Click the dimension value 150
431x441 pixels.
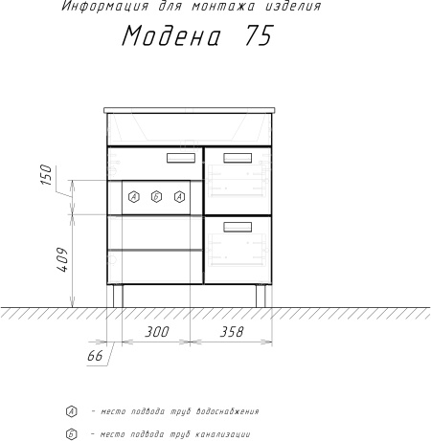pyautogui.click(x=46, y=174)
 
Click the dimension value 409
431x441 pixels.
pyautogui.click(x=62, y=259)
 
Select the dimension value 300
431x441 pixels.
pyautogui.click(x=156, y=332)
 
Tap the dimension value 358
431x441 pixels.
pyautogui.click(x=232, y=332)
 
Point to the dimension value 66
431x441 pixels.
pyautogui.click(x=95, y=356)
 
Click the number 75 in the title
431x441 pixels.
pyautogui.click(x=260, y=35)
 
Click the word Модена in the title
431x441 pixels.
pyautogui.click(x=171, y=35)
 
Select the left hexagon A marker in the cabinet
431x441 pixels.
pyautogui.click(x=134, y=197)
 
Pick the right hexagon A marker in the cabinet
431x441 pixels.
pyautogui.click(x=180, y=197)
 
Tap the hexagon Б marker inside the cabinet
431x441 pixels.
pyautogui.click(x=156, y=197)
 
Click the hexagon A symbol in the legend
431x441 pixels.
pyautogui.click(x=72, y=411)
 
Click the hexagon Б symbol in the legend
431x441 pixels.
pyautogui.click(x=72, y=434)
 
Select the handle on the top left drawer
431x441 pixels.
pyautogui.click(x=181, y=158)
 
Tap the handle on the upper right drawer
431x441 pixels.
pyautogui.click(x=238, y=158)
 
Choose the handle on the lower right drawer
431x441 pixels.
pyautogui.click(x=238, y=227)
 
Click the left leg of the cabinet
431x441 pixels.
pyautogui.click(x=118, y=296)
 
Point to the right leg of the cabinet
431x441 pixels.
pyautogui.click(x=261, y=296)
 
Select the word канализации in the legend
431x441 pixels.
pyautogui.click(x=222, y=434)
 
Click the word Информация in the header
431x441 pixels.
pyautogui.click(x=105, y=7)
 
